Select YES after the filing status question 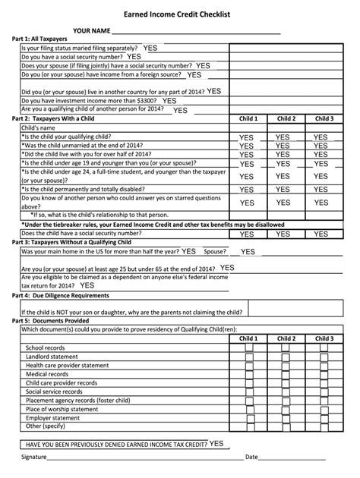[150, 47]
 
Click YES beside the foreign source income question [194, 75]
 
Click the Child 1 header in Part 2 [248, 119]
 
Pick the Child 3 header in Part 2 [324, 119]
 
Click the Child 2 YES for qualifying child [283, 137]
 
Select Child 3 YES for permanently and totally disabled [321, 189]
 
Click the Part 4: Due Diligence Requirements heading [61, 295]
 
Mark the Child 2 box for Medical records [284, 353]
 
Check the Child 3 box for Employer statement [321, 417]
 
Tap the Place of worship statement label [62, 409]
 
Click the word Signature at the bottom [35, 458]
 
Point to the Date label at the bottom [251, 458]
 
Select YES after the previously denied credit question [216, 442]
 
